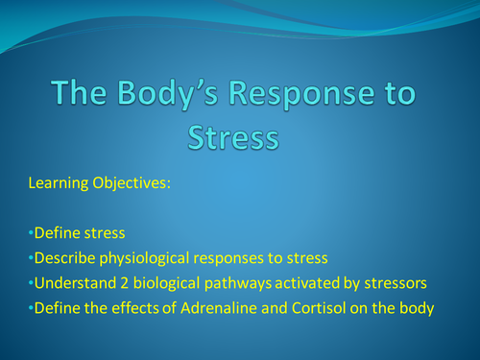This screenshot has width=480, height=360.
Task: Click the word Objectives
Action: (134, 182)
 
